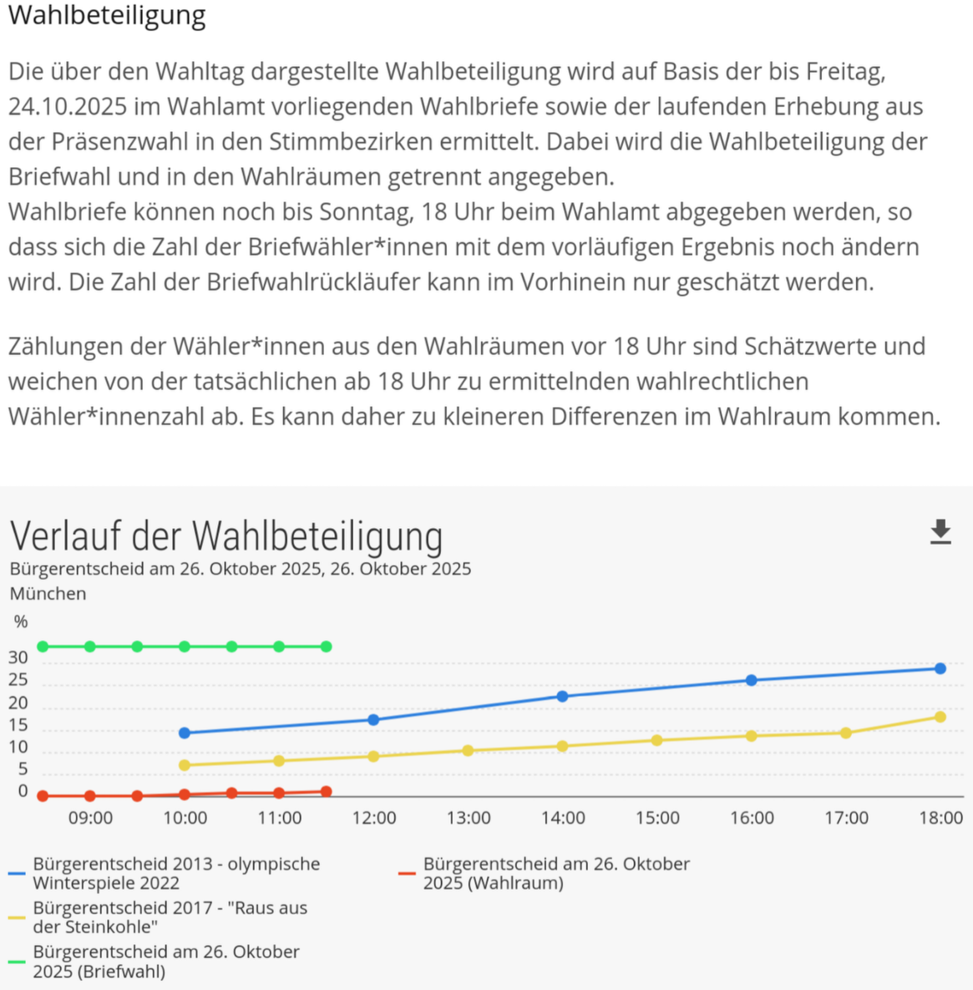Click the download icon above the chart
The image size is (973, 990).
click(940, 532)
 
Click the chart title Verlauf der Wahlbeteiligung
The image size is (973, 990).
click(226, 536)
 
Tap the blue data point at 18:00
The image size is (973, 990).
click(940, 668)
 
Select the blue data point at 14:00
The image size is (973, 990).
click(562, 696)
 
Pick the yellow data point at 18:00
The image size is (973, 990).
click(940, 717)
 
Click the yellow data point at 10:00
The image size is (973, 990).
click(185, 764)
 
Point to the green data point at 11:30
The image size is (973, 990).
click(326, 647)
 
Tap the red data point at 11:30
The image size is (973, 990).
click(326, 791)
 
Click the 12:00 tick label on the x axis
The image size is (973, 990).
click(373, 818)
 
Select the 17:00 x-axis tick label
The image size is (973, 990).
click(846, 818)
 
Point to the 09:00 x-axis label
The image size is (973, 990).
click(90, 818)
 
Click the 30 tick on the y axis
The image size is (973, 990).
click(18, 658)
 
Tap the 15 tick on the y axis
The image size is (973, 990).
click(18, 725)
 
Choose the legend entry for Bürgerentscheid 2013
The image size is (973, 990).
click(176, 873)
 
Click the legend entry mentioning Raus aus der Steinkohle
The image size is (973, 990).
click(170, 916)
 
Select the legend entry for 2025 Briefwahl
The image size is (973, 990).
click(165, 961)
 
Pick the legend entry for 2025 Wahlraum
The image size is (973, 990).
click(556, 873)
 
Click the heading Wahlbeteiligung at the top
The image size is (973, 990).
click(107, 15)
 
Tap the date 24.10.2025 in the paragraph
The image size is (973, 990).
click(68, 107)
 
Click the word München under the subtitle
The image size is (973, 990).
click(48, 594)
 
